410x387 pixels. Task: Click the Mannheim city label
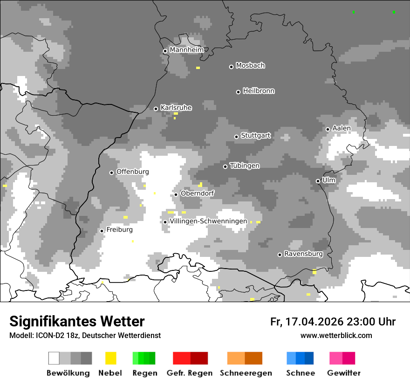click(187, 50)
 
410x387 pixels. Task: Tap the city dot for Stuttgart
click(236, 137)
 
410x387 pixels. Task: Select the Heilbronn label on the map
click(259, 91)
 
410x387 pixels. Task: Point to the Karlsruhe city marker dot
click(156, 109)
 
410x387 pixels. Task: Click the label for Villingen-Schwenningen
click(208, 221)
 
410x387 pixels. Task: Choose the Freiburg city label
click(119, 230)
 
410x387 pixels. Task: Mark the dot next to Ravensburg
click(280, 255)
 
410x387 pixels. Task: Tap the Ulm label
click(329, 180)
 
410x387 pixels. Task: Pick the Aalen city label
click(342, 128)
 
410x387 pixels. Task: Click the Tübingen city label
click(245, 166)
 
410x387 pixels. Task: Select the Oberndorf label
click(198, 193)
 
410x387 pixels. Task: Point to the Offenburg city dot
click(111, 173)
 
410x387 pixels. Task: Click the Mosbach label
click(250, 66)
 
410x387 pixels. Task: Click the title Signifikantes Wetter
click(77, 322)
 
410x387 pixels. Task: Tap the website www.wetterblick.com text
click(336, 336)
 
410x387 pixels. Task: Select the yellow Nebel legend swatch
click(111, 358)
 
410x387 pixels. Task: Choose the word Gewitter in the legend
click(343, 373)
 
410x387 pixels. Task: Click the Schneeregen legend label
click(246, 373)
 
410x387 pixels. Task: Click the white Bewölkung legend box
click(54, 358)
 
